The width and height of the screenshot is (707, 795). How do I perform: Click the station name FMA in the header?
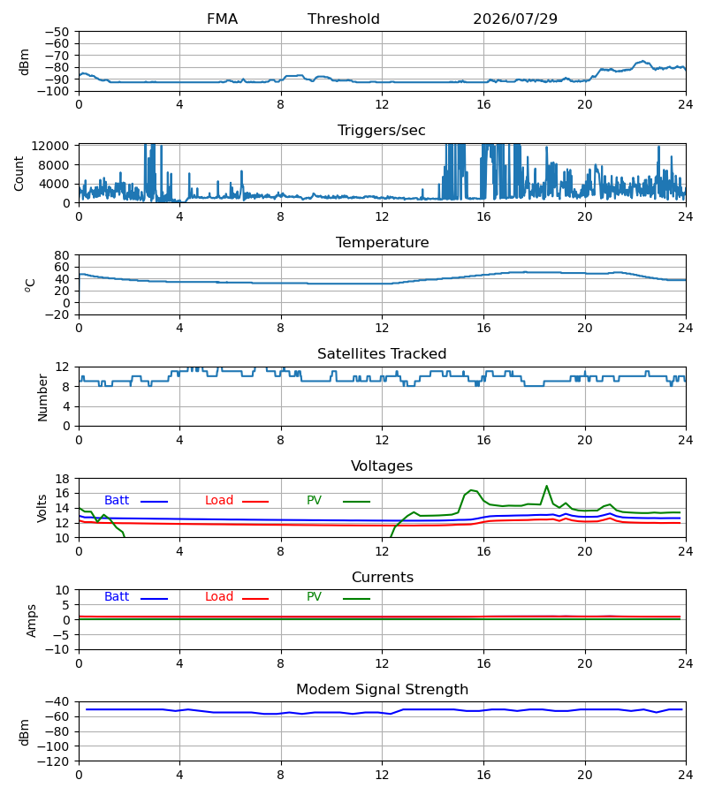tap(222, 19)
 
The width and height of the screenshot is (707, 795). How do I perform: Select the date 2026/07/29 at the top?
tap(515, 19)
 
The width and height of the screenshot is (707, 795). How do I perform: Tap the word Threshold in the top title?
tap(344, 19)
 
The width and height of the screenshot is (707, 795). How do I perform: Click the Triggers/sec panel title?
tap(382, 131)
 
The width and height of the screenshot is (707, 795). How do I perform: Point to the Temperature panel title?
tap(382, 242)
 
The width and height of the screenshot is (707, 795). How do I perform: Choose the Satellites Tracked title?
tap(382, 354)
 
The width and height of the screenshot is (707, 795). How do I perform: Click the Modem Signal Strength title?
tap(382, 690)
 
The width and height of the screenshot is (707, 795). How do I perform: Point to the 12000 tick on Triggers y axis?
tap(50, 146)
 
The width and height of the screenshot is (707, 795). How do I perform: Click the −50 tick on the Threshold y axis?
tap(57, 32)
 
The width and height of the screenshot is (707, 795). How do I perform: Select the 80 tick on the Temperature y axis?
tap(62, 255)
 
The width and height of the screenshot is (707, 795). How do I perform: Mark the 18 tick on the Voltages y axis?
tap(62, 479)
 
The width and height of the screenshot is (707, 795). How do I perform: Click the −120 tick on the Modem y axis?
tap(53, 761)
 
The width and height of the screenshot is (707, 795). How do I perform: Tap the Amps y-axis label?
tap(32, 621)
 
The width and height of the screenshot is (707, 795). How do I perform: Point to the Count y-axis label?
tap(19, 174)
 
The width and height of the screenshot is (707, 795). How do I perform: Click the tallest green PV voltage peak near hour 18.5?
tap(546, 486)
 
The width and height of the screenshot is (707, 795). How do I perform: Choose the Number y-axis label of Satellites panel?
tap(42, 397)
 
